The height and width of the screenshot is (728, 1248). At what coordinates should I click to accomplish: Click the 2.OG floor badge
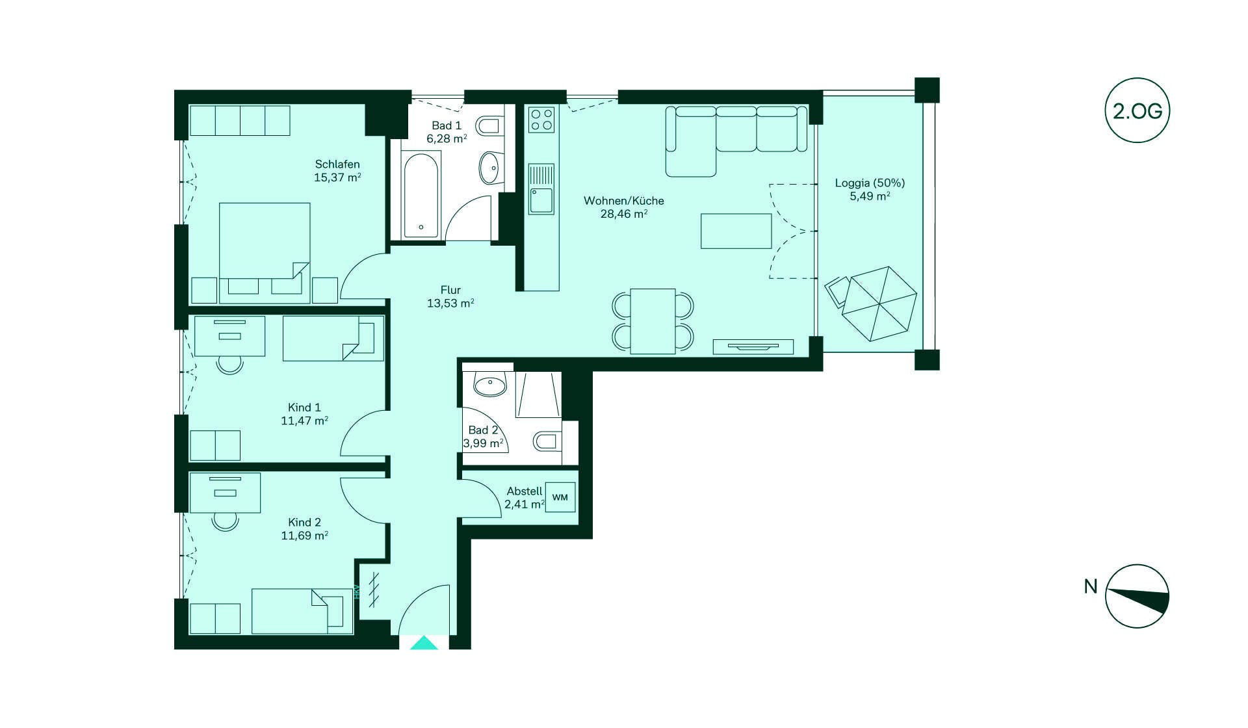pos(1137,110)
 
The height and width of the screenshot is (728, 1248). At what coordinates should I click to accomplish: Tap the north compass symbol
pos(1137,596)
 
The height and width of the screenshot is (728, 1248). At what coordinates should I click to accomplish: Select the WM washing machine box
pos(560,497)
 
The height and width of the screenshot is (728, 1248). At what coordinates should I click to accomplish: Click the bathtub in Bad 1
pos(422,194)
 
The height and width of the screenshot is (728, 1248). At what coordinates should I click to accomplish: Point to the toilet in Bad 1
pos(488,125)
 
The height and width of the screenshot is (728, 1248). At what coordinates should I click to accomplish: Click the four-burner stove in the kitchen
pos(541,120)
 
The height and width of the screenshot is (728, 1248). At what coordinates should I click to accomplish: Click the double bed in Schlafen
pos(265,253)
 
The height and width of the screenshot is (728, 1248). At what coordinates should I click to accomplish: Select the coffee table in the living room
pos(736,231)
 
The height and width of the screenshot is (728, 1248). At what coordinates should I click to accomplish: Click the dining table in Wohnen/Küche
pos(653,321)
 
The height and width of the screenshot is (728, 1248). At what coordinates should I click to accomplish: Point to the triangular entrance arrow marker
pos(424,643)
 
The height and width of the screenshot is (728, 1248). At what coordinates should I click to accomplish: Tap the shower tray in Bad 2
pos(538,395)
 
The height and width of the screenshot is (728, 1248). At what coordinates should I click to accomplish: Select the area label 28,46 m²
pos(623,214)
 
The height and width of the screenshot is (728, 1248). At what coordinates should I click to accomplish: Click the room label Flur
pos(450,290)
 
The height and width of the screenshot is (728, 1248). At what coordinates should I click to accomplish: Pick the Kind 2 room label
pos(304,522)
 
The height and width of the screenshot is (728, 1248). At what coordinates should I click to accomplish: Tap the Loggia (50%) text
pos(870,183)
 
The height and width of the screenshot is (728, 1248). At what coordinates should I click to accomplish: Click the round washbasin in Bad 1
pos(489,168)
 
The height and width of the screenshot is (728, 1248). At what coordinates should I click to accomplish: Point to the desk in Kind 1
pos(230,336)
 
